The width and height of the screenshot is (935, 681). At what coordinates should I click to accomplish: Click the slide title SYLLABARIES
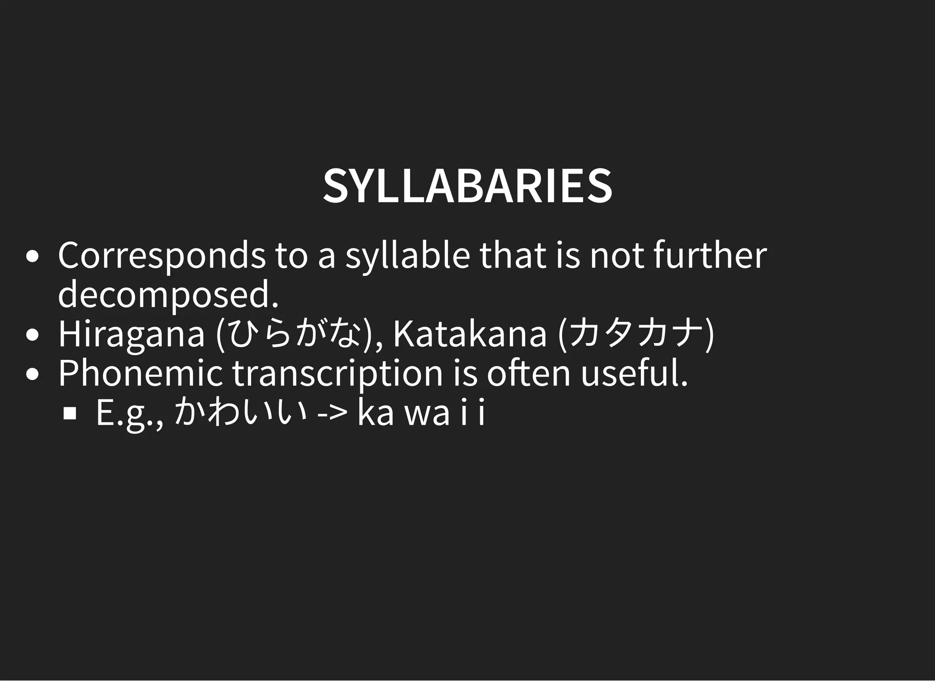coord(467,186)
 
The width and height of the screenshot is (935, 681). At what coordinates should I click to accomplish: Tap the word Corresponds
coord(161,256)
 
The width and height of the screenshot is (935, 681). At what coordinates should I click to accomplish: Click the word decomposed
coord(168,295)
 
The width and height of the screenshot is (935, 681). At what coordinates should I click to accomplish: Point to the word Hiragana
coord(131,334)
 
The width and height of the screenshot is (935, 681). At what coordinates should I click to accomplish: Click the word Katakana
coord(470,334)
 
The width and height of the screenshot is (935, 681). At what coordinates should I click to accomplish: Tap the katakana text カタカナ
coord(636,334)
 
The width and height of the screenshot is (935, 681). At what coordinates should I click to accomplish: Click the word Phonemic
coord(140,374)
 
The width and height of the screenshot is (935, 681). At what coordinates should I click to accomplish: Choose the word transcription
coord(338,374)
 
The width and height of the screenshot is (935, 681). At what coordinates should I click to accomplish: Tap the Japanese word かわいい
coord(240,412)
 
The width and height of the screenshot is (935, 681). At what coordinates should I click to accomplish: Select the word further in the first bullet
coord(710,256)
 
